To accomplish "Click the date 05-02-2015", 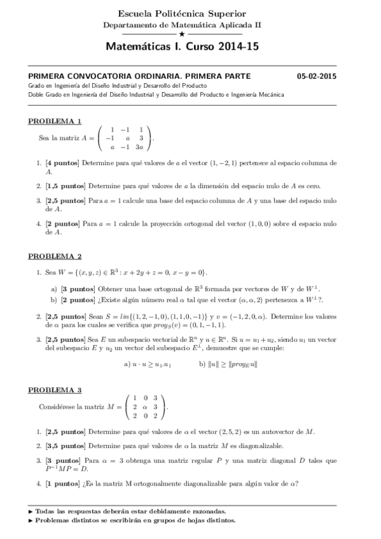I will pyautogui.click(x=316, y=76).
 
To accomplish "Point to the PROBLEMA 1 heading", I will pyautogui.click(x=55, y=121).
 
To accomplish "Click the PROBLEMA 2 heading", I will pyautogui.click(x=55, y=256).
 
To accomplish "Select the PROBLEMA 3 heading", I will pyautogui.click(x=55, y=390).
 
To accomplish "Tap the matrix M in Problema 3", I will pyautogui.click(x=148, y=407).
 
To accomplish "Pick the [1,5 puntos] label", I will pyautogui.click(x=64, y=186).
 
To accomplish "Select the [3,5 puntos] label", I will pyautogui.click(x=64, y=446).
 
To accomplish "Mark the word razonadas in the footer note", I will pyautogui.click(x=206, y=510).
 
